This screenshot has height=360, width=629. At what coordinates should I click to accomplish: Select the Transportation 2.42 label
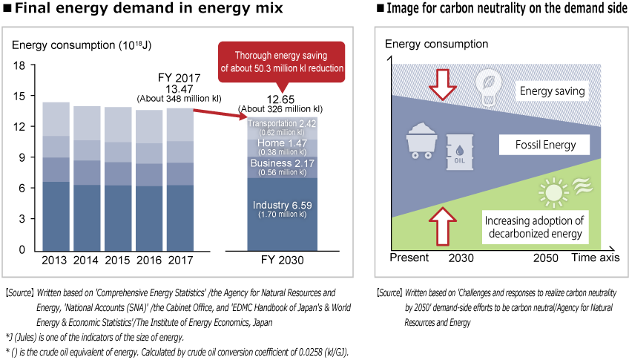tap(282, 122)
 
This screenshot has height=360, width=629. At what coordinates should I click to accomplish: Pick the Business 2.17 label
tap(282, 163)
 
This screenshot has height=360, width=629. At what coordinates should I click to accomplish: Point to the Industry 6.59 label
tap(282, 206)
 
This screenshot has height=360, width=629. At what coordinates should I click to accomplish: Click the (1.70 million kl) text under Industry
tap(282, 215)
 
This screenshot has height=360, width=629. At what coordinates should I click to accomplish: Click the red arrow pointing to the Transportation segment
tap(220, 113)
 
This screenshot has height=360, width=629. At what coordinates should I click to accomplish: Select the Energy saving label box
tap(553, 91)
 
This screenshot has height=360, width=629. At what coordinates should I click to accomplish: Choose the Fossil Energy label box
tap(545, 145)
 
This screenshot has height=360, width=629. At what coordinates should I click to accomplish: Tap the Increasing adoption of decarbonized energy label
tap(534, 227)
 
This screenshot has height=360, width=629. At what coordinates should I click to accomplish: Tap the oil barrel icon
tap(459, 152)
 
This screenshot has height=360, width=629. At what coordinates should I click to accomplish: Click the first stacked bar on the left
tap(56, 177)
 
